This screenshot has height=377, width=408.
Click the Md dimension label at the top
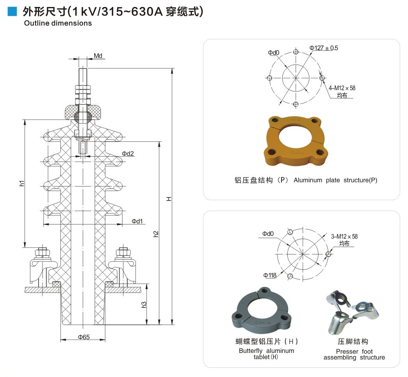(x=98, y=56)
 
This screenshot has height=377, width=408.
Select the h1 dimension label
(x=22, y=183)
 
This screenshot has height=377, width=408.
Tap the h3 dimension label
(x=144, y=305)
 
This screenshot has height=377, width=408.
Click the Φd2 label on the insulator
(x=128, y=154)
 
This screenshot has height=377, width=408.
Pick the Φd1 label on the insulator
(x=137, y=221)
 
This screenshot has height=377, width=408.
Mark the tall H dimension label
(x=169, y=199)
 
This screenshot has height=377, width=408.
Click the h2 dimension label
(x=156, y=234)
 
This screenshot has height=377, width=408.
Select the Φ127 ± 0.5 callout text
(x=324, y=48)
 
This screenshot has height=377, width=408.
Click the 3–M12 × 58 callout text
(x=344, y=236)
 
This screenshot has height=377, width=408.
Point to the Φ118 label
(x=270, y=275)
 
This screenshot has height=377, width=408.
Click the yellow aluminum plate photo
(x=295, y=141)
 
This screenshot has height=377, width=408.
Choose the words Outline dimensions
(x=58, y=23)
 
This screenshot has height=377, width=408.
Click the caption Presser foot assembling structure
(x=354, y=354)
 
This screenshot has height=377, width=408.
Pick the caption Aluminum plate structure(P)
(x=335, y=180)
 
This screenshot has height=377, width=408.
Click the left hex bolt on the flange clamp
(x=42, y=253)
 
